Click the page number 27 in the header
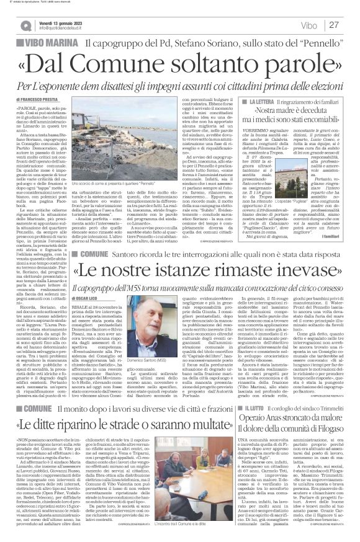click(335, 25)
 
